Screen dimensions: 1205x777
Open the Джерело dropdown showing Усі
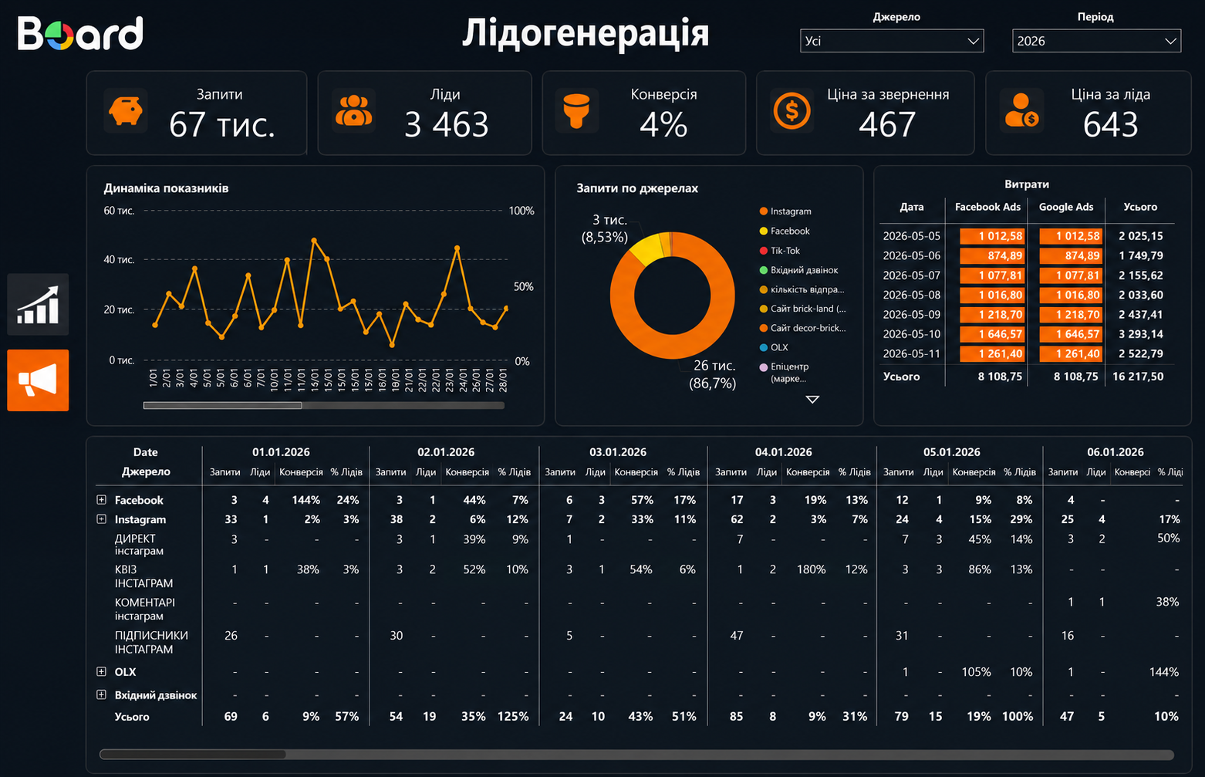click(891, 41)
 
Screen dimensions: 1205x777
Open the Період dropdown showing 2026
click(1095, 41)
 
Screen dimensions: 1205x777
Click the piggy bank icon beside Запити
click(125, 111)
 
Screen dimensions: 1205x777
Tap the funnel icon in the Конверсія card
click(576, 111)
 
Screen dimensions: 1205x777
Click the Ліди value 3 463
click(446, 124)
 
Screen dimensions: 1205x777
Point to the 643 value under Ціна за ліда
click(1110, 124)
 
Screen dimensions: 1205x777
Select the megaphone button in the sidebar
click(38, 380)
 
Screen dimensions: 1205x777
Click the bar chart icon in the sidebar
click(38, 304)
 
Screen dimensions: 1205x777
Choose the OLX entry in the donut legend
click(774, 347)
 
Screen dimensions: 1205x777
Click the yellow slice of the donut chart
click(647, 248)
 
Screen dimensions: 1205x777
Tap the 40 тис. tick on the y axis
click(118, 259)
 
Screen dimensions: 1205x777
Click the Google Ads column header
click(1065, 207)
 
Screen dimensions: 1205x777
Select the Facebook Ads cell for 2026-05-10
click(991, 334)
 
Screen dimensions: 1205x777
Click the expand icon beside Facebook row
click(101, 499)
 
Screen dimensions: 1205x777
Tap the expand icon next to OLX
click(101, 671)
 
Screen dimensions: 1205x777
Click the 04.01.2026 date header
click(783, 452)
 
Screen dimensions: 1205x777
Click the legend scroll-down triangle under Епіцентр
click(812, 399)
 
